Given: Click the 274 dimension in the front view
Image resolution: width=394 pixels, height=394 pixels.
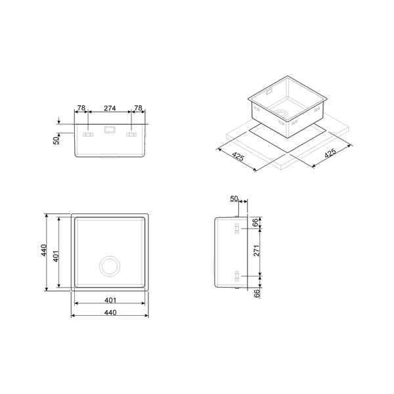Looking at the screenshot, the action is pyautogui.click(x=110, y=108).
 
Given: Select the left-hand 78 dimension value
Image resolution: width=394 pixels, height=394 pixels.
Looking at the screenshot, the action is pyautogui.click(x=81, y=108).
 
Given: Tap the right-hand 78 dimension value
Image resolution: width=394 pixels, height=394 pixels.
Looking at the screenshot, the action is pyautogui.click(x=139, y=108).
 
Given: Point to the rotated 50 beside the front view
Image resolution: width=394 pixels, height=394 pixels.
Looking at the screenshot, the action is pyautogui.click(x=56, y=139).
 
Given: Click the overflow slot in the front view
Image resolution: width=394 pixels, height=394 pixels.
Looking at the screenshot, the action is pyautogui.click(x=110, y=129).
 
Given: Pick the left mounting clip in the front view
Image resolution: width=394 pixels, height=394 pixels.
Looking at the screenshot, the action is pyautogui.click(x=88, y=135).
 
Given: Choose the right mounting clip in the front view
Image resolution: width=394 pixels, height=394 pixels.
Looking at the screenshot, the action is pyautogui.click(x=131, y=135).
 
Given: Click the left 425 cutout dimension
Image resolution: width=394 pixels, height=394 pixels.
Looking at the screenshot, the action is pyautogui.click(x=238, y=156).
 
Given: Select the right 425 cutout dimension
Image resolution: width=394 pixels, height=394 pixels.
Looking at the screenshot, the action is pyautogui.click(x=330, y=153).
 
